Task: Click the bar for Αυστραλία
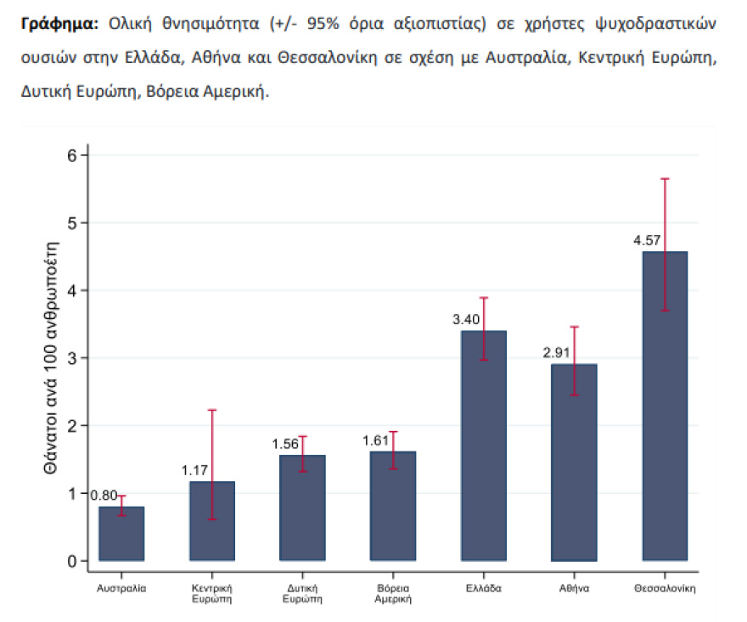click(x=121, y=534)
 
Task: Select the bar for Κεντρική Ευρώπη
click(x=212, y=521)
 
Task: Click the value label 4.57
click(x=649, y=241)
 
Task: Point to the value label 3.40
click(x=468, y=321)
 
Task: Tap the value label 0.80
click(x=104, y=496)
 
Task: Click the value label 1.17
click(x=196, y=469)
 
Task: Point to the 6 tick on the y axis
click(x=73, y=155)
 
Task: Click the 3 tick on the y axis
click(x=73, y=358)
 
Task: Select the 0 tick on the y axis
click(x=73, y=561)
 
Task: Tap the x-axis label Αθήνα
click(x=575, y=587)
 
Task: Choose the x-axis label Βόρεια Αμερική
click(x=393, y=593)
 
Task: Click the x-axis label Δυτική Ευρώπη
click(x=302, y=593)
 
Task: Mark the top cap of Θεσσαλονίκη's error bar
click(x=665, y=179)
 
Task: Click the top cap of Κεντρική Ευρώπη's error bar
click(x=212, y=410)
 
